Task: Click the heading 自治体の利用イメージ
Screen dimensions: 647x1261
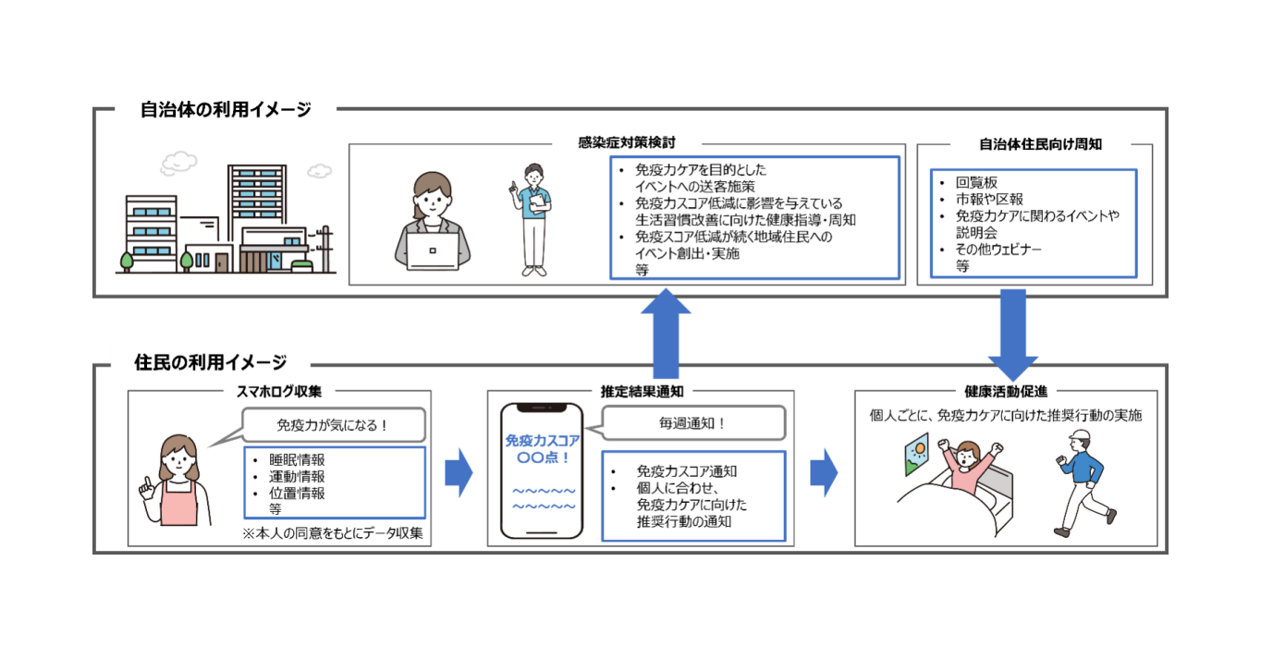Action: (226, 110)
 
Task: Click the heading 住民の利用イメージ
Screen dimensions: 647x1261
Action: (210, 362)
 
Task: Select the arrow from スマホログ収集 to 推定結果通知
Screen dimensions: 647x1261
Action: (459, 473)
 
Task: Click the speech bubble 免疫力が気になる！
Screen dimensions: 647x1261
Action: (334, 426)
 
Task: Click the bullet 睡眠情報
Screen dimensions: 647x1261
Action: (296, 460)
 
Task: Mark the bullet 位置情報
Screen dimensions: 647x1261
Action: (296, 494)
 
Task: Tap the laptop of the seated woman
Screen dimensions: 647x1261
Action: (432, 250)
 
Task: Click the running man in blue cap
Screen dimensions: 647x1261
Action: (1084, 490)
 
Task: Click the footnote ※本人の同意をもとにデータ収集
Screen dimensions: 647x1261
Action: (332, 534)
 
